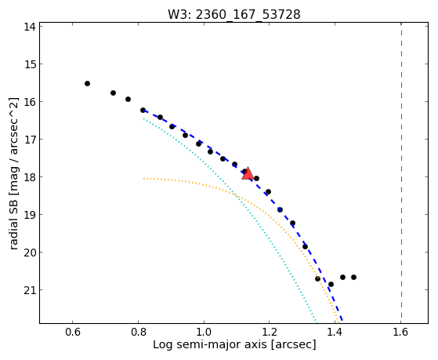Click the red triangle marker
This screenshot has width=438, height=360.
pyautogui.click(x=248, y=173)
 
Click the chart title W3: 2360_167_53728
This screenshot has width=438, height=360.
pyautogui.click(x=234, y=14)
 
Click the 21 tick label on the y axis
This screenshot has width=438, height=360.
pyautogui.click(x=29, y=290)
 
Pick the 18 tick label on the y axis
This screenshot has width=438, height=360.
pyautogui.click(x=29, y=177)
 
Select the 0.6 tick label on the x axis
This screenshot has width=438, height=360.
pyautogui.click(x=73, y=333)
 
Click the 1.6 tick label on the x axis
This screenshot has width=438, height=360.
pyautogui.click(x=401, y=333)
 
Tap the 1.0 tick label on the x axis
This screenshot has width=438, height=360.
pyautogui.click(x=204, y=333)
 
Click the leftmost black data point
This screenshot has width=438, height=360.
pyautogui.click(x=87, y=83)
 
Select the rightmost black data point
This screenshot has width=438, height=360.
pyautogui.click(x=353, y=277)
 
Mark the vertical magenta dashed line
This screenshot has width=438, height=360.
pyautogui.click(x=401, y=173)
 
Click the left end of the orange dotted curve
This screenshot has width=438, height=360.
pyautogui.click(x=143, y=179)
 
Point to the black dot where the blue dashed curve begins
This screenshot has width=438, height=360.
pyautogui.click(x=143, y=111)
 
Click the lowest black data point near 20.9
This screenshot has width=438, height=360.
pyautogui.click(x=331, y=284)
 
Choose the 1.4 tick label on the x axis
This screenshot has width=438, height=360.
pyautogui.click(x=335, y=333)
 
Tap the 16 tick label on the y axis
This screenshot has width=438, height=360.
pyautogui.click(x=29, y=102)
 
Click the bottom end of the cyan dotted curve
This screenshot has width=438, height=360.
pyautogui.click(x=317, y=322)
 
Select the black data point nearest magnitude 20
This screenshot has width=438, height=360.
pyautogui.click(x=305, y=247)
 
